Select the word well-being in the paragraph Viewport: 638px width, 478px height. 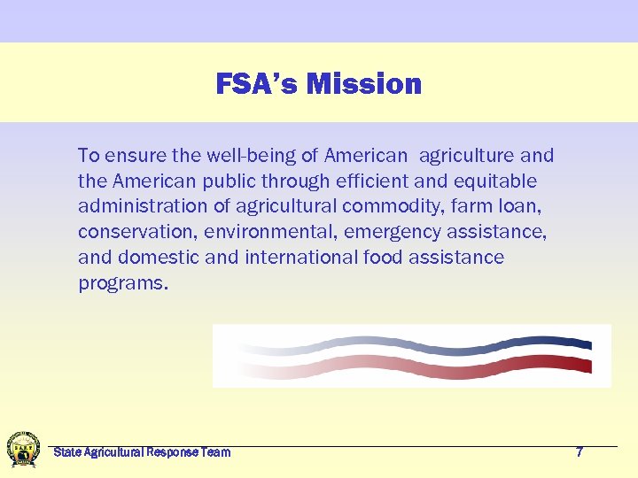point(251,156)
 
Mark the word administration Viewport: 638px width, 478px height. point(138,207)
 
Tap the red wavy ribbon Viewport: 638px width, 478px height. point(416,366)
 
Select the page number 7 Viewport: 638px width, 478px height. point(580,452)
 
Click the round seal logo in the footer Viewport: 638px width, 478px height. point(23,449)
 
